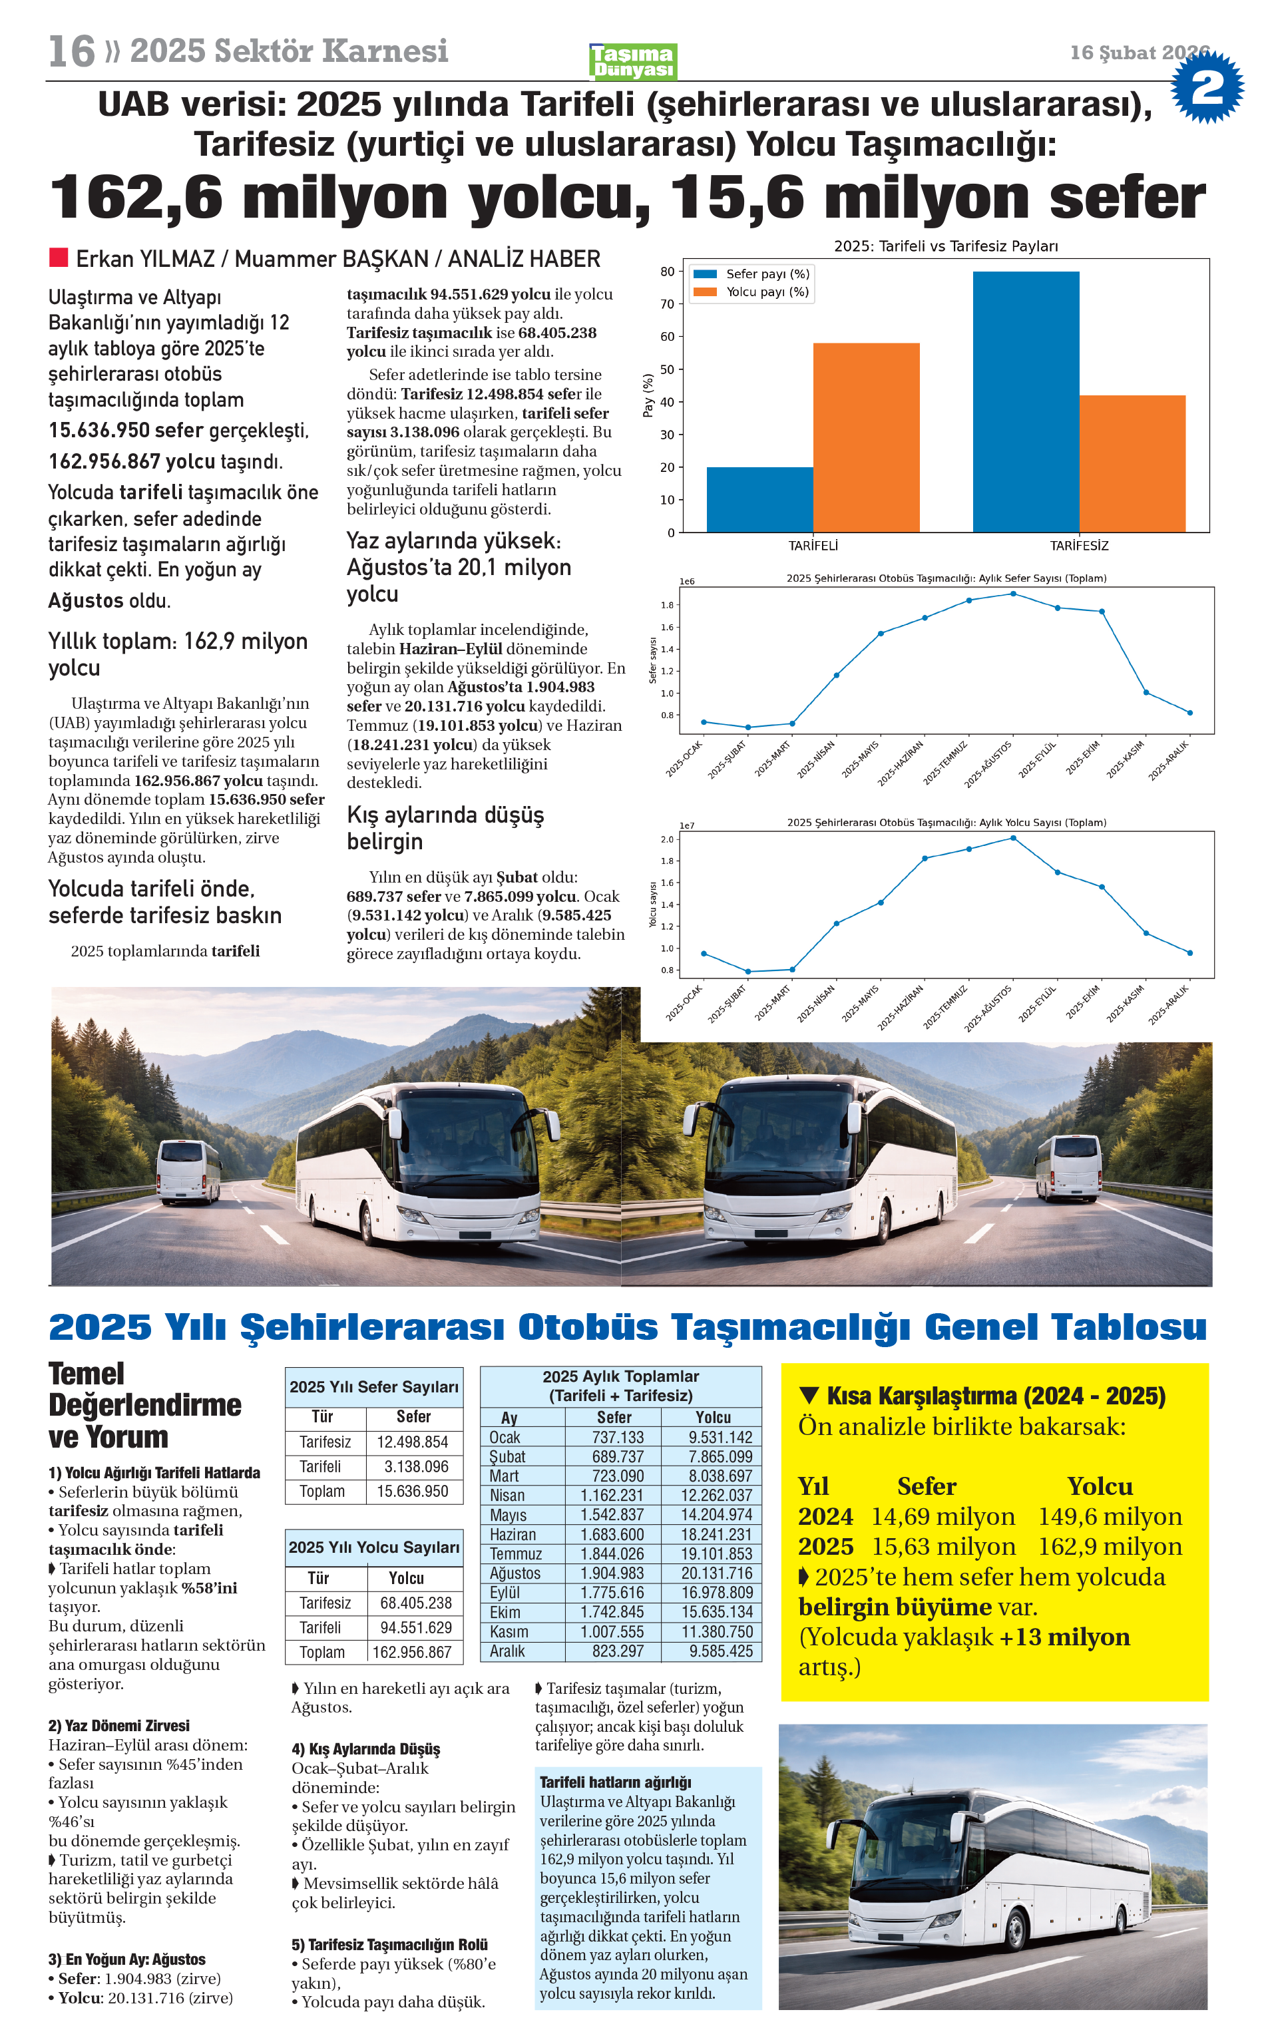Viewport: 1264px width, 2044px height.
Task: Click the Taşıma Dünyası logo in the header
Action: click(x=633, y=61)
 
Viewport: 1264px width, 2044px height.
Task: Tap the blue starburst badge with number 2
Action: click(x=1206, y=86)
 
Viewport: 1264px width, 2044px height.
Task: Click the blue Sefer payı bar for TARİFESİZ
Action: click(x=1025, y=401)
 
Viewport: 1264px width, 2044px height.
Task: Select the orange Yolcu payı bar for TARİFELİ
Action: click(x=865, y=437)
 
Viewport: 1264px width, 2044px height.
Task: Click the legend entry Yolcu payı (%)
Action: click(x=767, y=292)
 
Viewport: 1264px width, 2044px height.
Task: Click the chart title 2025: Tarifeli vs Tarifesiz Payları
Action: click(x=945, y=246)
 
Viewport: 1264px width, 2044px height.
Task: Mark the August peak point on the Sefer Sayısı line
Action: click(x=1013, y=594)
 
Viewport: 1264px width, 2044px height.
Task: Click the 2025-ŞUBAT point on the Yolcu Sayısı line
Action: click(x=748, y=972)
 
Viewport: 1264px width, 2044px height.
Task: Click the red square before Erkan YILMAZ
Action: click(x=59, y=257)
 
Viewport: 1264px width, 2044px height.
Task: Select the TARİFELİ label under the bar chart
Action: click(x=813, y=546)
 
